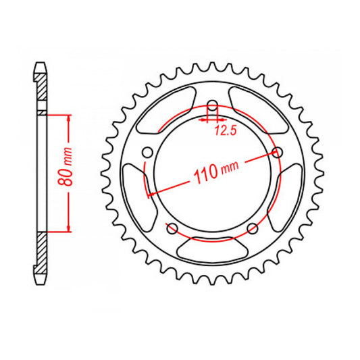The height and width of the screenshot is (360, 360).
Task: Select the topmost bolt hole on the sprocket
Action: pyautogui.click(x=211, y=106)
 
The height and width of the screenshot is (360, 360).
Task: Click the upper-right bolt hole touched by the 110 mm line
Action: pyautogui.click(x=276, y=152)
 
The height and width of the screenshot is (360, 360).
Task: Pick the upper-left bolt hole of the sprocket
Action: pyautogui.click(x=147, y=152)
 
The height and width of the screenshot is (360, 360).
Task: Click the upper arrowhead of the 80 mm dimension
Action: pyautogui.click(x=68, y=116)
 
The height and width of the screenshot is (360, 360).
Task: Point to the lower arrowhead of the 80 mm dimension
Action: pyautogui.click(x=68, y=229)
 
